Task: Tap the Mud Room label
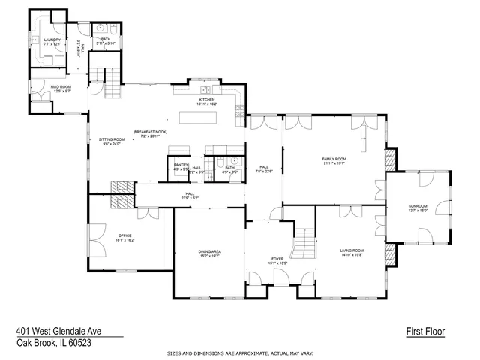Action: (61, 88)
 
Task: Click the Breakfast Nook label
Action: (151, 133)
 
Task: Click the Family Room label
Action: (334, 160)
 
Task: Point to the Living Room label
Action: (352, 251)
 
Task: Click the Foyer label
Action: (278, 260)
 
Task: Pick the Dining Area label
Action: (209, 253)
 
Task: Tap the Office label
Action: (124, 237)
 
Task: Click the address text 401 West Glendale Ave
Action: (58, 331)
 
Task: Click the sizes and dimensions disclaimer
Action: (240, 352)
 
